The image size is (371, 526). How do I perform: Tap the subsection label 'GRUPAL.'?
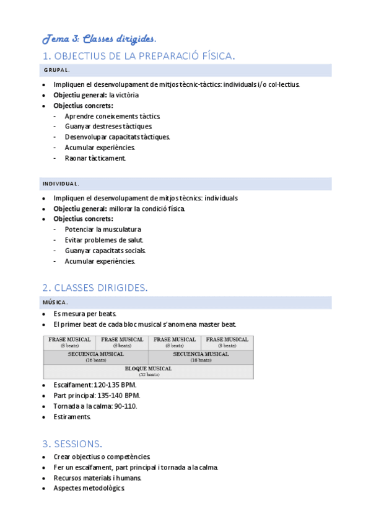click(x=56, y=70)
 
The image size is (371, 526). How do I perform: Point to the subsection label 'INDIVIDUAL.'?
click(x=60, y=184)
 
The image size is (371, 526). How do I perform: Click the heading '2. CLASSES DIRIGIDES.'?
click(x=95, y=288)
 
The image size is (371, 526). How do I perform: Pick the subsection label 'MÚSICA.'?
click(x=55, y=302)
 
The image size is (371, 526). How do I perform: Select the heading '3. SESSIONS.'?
click(x=72, y=444)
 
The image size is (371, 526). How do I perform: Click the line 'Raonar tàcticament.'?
click(x=95, y=158)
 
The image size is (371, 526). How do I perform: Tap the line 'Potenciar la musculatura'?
click(x=103, y=230)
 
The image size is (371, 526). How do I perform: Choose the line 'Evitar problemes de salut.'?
click(x=104, y=240)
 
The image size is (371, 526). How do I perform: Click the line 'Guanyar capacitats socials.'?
click(x=105, y=251)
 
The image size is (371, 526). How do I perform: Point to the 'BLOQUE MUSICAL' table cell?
click(x=148, y=371)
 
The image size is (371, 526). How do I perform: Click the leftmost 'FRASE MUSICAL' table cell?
click(x=69, y=342)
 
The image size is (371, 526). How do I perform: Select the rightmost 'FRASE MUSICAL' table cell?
click(x=227, y=342)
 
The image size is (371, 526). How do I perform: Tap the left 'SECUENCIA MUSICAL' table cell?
click(x=95, y=357)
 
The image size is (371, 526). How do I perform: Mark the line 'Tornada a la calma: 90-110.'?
click(x=95, y=406)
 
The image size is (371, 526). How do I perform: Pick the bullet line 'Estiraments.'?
click(x=72, y=417)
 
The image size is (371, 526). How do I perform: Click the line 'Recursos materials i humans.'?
click(x=98, y=478)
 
